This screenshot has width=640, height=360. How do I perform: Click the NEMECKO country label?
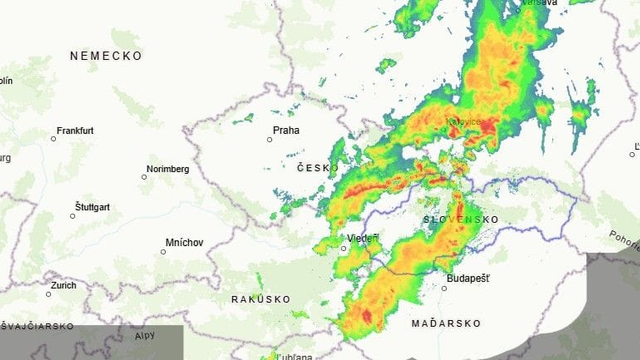(106, 57)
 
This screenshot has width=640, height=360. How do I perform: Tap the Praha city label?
(286, 130)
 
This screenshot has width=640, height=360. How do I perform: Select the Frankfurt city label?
(75, 131)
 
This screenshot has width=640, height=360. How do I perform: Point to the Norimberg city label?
(168, 169)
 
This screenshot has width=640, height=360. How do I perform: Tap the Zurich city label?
(63, 285)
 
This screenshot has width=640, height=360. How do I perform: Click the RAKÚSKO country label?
(260, 299)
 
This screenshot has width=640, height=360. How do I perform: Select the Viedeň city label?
(361, 238)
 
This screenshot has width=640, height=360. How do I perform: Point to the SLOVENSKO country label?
(460, 219)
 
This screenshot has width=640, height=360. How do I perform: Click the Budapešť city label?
(468, 278)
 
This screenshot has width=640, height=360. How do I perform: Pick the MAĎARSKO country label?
(446, 324)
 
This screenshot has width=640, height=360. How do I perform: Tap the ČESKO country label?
(316, 168)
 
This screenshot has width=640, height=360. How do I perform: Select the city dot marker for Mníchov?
(164, 251)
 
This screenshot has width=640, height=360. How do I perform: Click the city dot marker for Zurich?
(48, 294)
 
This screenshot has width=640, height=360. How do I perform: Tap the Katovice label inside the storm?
(464, 122)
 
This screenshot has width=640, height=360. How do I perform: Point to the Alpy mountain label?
(144, 336)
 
